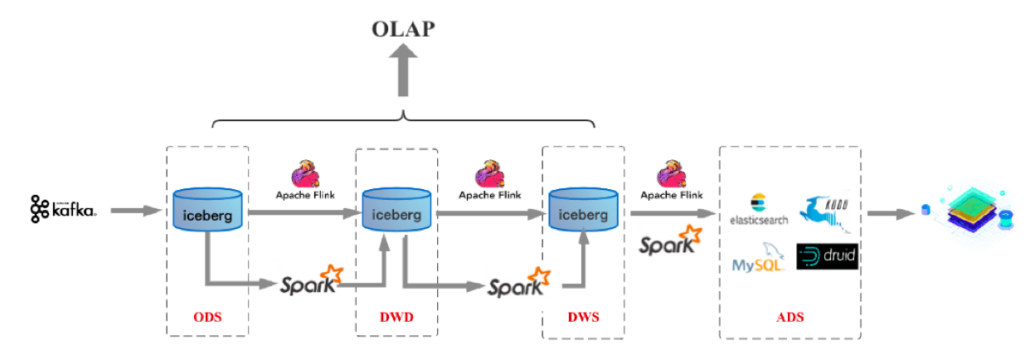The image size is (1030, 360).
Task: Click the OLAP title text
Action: tap(404, 30)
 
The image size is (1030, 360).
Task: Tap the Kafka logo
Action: tap(64, 210)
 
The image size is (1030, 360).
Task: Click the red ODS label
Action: tap(207, 317)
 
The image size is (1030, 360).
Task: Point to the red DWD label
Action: tap(396, 317)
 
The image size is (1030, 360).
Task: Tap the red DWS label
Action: tap(583, 317)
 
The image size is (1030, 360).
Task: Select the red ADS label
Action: tap(790, 317)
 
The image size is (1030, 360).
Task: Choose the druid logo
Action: tap(826, 256)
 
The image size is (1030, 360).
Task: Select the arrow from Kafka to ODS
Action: tap(135, 212)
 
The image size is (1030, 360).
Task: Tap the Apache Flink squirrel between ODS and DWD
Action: tap(304, 176)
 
